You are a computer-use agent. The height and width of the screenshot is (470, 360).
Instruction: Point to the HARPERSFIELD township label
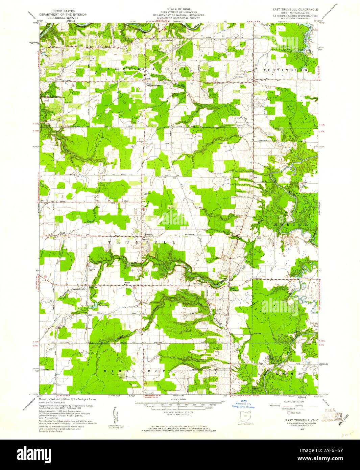click(142, 69)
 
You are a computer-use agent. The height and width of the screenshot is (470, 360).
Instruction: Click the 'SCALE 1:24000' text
click(178, 399)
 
